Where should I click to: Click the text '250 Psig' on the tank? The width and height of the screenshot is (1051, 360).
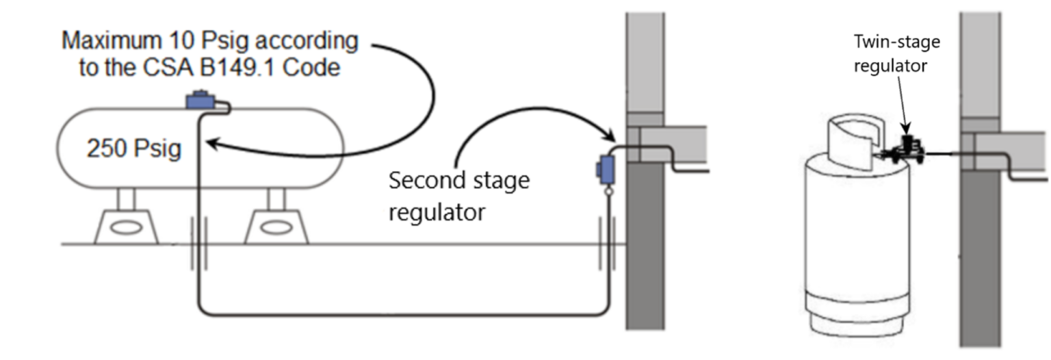tap(133, 149)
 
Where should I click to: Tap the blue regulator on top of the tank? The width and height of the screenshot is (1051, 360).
tap(200, 101)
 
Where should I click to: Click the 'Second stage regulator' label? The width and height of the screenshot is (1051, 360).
tap(458, 196)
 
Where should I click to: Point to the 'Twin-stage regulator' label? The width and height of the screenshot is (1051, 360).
tap(896, 53)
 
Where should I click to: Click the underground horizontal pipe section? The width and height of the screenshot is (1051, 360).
tap(404, 315)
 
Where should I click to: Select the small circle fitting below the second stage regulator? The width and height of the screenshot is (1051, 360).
tap(606, 194)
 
